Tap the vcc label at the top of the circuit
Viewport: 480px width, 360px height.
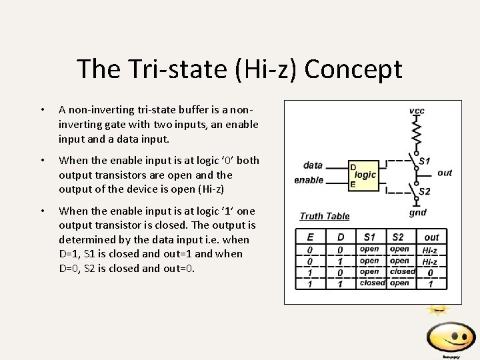417,111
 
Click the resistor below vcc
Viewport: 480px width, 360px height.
417,133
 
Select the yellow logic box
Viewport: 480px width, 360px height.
363,175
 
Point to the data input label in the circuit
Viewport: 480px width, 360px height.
313,165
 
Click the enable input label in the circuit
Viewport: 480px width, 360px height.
309,180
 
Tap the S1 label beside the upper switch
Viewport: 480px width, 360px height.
424,161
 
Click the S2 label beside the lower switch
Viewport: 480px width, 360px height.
424,191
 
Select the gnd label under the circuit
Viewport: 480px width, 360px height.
417,213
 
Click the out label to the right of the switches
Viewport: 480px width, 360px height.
445,173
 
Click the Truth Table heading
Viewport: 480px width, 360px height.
325,216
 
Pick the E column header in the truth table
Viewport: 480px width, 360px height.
310,237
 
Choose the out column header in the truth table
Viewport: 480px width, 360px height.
431,237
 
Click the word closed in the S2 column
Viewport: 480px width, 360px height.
403,271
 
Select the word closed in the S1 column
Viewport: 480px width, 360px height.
372,283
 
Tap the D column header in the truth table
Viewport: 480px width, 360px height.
341,237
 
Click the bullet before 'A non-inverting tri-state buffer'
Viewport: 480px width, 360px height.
42,109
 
